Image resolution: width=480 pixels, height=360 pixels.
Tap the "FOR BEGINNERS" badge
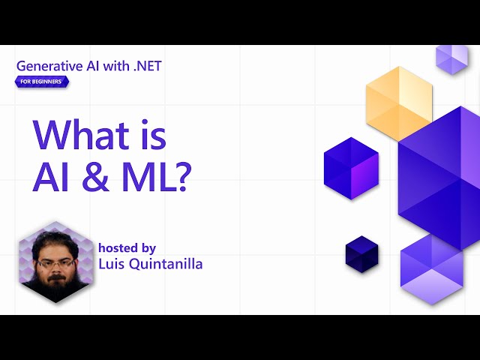tap(42, 81)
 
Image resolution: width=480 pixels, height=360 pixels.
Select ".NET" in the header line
tap(145, 65)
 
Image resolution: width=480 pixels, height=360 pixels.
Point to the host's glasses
tap(53, 262)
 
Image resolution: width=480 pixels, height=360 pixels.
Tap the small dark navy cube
tap(361, 253)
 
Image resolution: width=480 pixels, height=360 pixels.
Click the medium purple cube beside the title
tap(349, 168)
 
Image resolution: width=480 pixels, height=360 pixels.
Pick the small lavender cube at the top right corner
tap(452, 58)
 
